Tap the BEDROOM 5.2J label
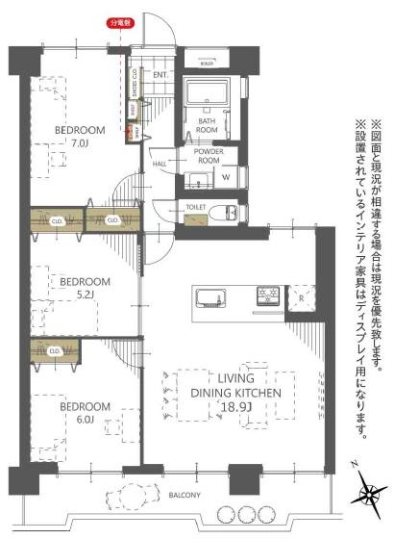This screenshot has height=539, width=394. tap(86, 288)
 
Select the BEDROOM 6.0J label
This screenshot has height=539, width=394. tap(86, 412)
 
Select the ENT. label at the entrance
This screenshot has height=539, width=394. tap(160, 74)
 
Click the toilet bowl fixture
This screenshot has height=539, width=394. tap(227, 212)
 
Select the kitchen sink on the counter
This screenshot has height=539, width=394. tap(209, 294)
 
